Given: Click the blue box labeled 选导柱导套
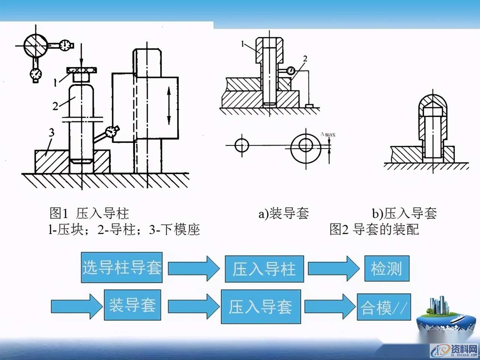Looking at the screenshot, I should click(122, 268).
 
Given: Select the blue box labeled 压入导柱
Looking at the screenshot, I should click(264, 269).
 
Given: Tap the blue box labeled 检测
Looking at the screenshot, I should click(387, 269).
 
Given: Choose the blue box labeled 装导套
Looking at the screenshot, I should click(132, 304).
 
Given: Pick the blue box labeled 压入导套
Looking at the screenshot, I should click(261, 306).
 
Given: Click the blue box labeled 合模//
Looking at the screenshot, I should click(384, 307).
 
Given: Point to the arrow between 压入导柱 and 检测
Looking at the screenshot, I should click(333, 268).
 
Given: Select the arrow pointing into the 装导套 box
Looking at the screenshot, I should click(76, 306).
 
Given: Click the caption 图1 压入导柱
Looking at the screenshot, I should click(89, 213).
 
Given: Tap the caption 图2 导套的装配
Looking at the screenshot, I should click(374, 229).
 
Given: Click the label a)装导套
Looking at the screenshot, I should click(283, 213).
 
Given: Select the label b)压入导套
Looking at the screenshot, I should click(404, 213).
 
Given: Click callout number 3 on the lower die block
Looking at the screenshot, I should click(51, 132).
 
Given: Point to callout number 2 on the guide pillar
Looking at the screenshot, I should click(55, 106).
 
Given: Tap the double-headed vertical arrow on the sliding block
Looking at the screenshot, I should click(169, 105).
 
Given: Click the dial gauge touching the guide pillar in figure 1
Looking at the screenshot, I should click(111, 131).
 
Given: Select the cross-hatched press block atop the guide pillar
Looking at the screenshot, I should click(81, 70).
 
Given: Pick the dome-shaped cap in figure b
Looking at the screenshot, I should click(432, 103).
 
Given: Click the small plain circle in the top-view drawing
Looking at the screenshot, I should click(242, 145).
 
